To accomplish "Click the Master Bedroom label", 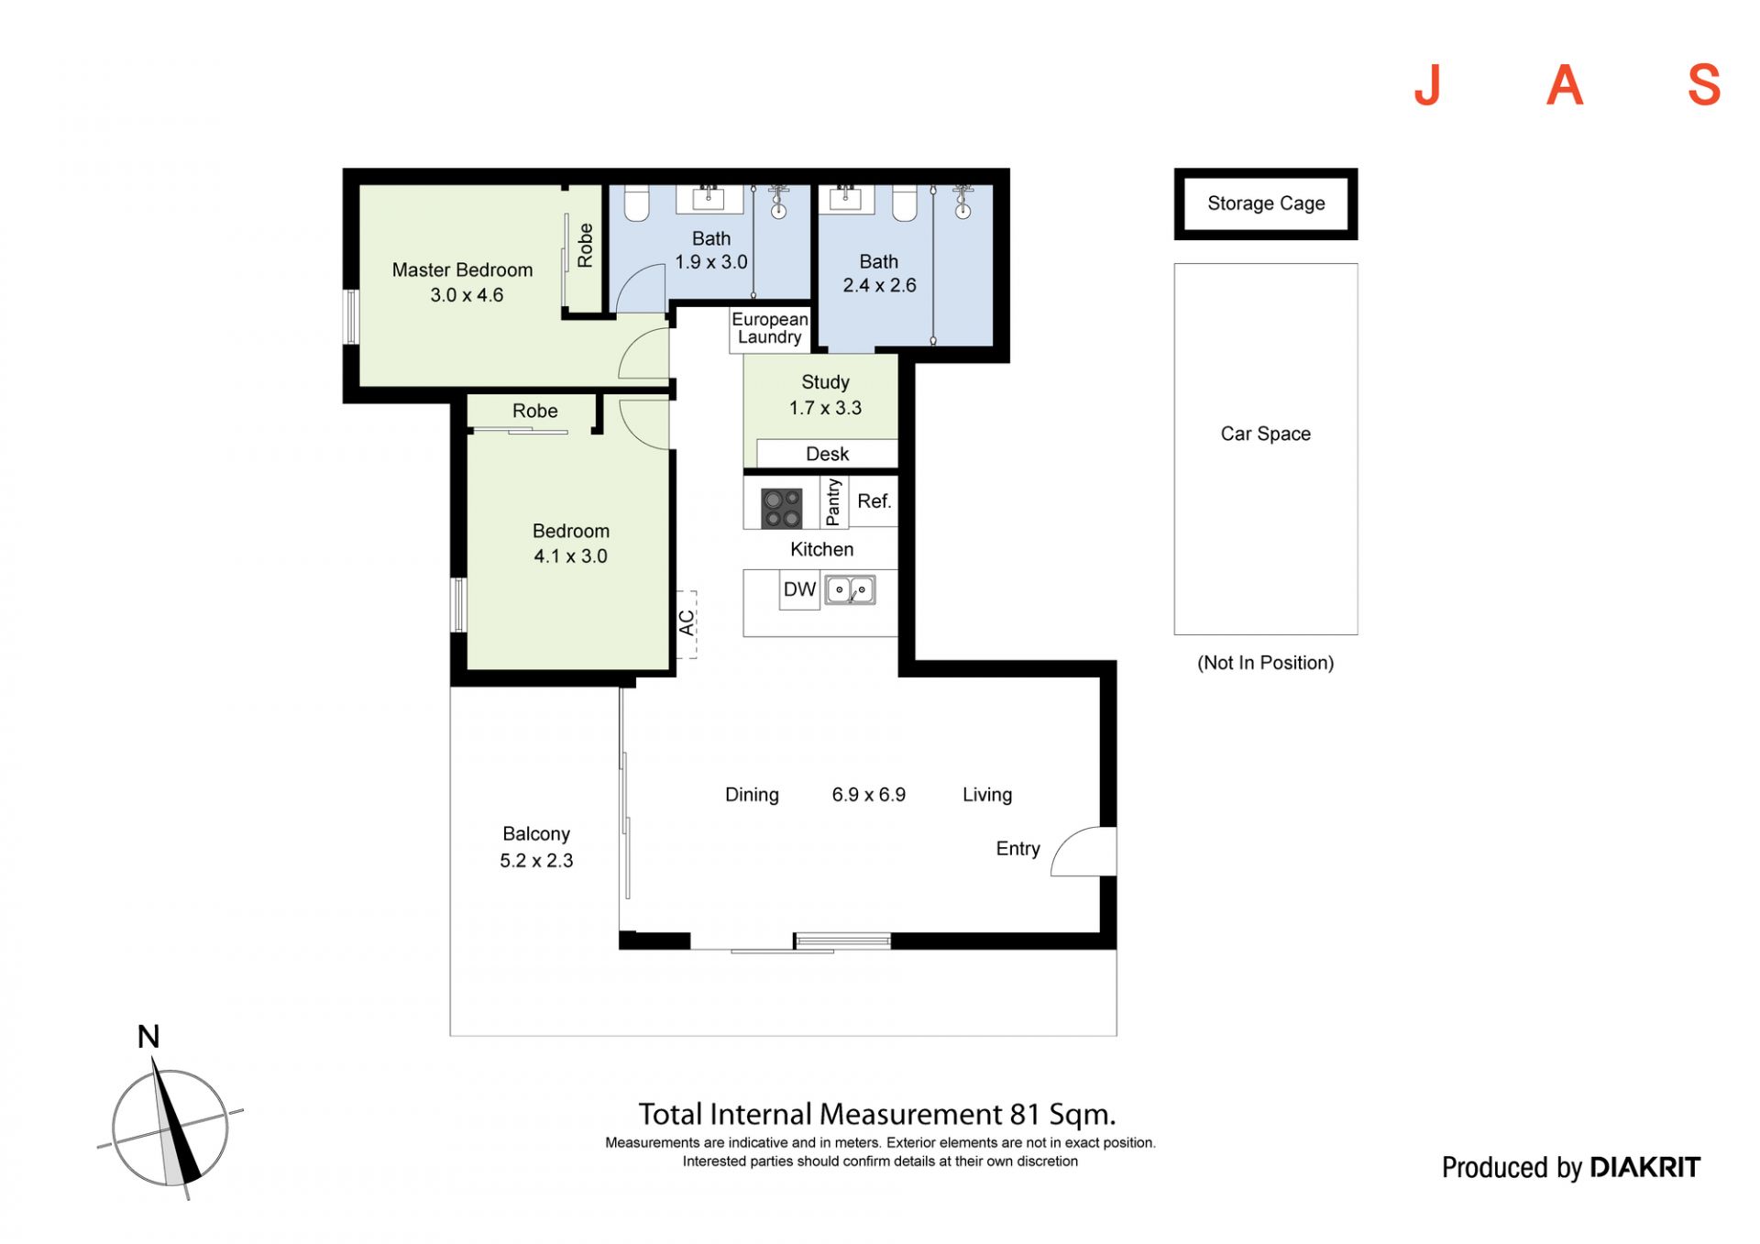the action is click(x=462, y=270).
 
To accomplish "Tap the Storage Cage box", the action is click(x=1265, y=204).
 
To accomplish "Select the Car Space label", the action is click(x=1265, y=434).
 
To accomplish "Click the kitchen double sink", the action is click(x=851, y=589).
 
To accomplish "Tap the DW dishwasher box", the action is click(x=799, y=589).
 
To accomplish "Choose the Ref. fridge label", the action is click(x=874, y=501).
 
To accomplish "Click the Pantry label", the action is click(x=833, y=502).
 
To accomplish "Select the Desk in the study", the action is click(x=827, y=454).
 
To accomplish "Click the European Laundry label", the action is click(x=770, y=328).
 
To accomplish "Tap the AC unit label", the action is click(x=687, y=623).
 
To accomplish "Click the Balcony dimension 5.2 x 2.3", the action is click(x=536, y=861).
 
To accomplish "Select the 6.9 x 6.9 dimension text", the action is click(x=869, y=795).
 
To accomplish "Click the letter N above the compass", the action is click(x=148, y=1037).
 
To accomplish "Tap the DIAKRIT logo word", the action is click(x=1645, y=1167).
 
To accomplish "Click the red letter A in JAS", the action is click(x=1565, y=86).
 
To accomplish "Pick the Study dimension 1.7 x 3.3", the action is click(x=825, y=408).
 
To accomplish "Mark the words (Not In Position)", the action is click(x=1265, y=663).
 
